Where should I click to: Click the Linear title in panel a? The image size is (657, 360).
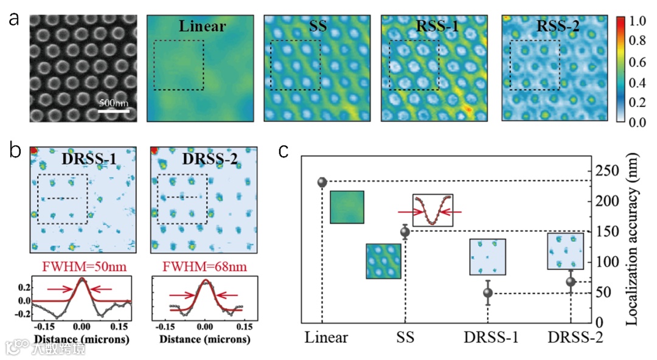203,26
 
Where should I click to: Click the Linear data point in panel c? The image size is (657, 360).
322,182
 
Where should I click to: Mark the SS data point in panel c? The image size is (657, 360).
405,231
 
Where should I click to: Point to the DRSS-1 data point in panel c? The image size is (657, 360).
488,293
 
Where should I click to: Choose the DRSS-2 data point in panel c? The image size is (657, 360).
571,282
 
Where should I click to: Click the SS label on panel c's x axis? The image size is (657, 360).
405,336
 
